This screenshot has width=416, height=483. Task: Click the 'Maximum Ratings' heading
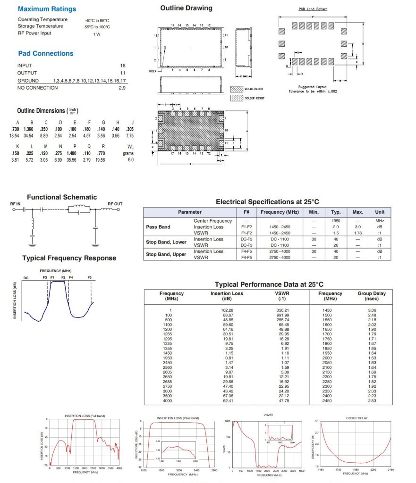[47, 9]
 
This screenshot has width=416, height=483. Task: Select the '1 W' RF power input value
[96, 34]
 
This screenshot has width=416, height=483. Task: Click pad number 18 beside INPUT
[123, 66]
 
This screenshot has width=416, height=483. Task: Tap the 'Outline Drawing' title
[186, 8]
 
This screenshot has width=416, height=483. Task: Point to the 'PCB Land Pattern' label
[313, 9]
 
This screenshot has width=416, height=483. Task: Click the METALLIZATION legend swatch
[236, 89]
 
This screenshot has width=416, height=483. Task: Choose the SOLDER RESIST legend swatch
[236, 98]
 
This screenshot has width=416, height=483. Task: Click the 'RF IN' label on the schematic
[16, 204]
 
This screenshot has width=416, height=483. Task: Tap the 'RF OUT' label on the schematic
[115, 204]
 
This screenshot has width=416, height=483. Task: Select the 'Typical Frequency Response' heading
[69, 258]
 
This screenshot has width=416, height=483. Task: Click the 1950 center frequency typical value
[336, 221]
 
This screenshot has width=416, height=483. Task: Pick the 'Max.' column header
[357, 212]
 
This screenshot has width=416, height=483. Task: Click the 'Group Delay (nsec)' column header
[371, 296]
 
